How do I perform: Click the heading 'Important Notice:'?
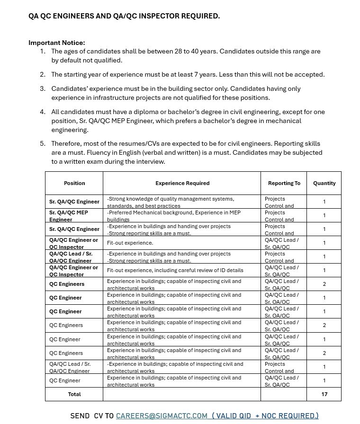57,43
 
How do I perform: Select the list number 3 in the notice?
43,88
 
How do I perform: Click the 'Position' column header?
74,183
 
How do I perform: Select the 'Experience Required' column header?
182,183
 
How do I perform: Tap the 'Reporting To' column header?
284,183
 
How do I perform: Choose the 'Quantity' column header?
324,183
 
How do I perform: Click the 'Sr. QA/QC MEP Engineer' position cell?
69,216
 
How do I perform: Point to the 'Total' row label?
74,394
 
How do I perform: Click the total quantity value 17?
324,394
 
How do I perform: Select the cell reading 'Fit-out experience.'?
130,243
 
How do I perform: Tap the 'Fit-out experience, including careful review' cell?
175,270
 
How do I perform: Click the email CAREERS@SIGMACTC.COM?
162,415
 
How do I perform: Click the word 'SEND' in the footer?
80,415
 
